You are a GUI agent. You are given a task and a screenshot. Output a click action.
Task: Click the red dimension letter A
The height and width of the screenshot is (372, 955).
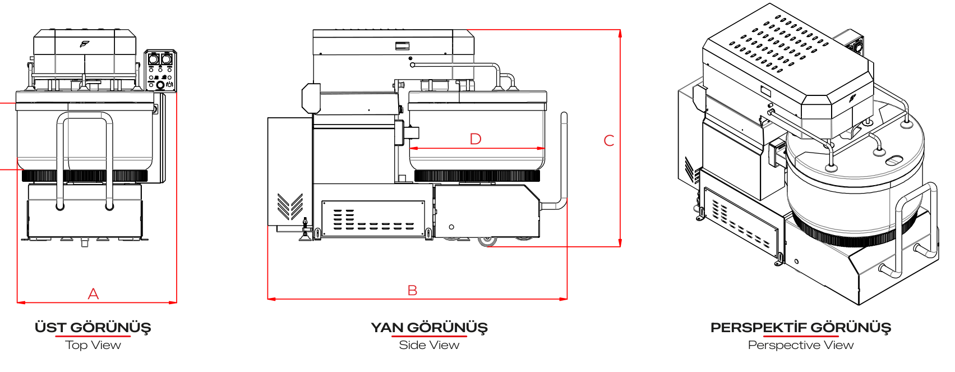coord(93,294)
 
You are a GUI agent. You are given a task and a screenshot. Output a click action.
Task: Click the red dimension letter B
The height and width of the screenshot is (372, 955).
coord(412,291)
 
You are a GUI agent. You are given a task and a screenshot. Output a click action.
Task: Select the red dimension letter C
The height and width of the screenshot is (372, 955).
coord(609,141)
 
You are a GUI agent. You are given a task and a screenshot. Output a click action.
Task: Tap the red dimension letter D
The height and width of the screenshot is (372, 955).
coord(476,139)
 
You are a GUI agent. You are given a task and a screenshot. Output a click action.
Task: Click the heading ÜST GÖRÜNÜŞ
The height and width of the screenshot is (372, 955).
coord(93,328)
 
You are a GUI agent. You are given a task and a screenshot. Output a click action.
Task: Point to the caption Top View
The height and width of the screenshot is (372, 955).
coord(93,345)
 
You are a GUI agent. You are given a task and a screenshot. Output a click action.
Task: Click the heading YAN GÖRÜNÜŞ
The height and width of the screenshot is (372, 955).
coord(430,328)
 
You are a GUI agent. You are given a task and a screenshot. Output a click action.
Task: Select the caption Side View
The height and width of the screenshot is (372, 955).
coord(430,345)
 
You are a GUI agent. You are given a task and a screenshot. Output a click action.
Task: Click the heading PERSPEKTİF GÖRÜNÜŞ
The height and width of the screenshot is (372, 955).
coord(801,328)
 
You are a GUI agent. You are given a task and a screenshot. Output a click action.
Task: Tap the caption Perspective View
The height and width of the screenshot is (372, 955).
coord(801,345)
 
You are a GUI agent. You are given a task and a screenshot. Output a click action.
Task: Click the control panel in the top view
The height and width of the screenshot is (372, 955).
coord(160,71)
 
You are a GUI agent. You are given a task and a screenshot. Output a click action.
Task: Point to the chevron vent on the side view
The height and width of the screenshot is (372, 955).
coord(290,206)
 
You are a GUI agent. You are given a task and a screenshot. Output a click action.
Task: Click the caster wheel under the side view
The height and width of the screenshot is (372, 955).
coord(487,241)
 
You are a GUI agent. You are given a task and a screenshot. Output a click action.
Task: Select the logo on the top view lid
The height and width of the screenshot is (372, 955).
coord(85,44)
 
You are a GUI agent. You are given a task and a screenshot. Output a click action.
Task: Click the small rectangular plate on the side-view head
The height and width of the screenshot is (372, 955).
coord(402,45)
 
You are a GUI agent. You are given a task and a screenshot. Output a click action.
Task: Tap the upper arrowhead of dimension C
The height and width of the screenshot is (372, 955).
coord(620,33)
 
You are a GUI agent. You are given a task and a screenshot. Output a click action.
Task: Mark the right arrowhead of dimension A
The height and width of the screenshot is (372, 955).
coord(173,302)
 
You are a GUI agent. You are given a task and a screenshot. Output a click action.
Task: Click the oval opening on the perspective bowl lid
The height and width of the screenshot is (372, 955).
coord(893,161)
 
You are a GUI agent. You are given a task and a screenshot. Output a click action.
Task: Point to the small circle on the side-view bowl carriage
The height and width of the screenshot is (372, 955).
coord(451,227)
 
